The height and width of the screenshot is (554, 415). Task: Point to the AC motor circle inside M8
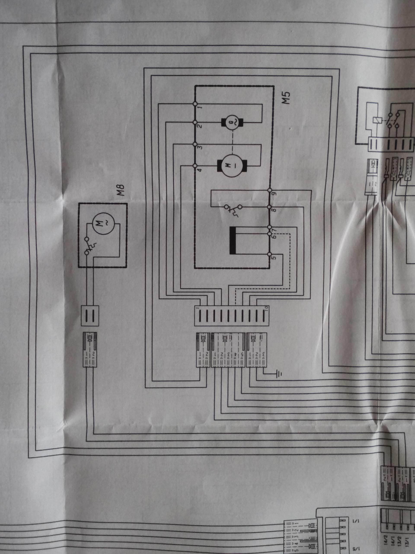point(102,222)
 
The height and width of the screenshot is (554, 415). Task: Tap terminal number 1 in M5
point(200,107)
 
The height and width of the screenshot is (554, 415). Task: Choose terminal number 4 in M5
point(200,170)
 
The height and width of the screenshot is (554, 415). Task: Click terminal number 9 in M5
point(274,194)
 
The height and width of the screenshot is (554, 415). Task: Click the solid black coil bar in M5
point(233,240)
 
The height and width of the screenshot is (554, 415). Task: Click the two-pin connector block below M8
point(90,316)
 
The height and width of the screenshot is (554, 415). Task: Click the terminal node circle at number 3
point(195,145)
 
